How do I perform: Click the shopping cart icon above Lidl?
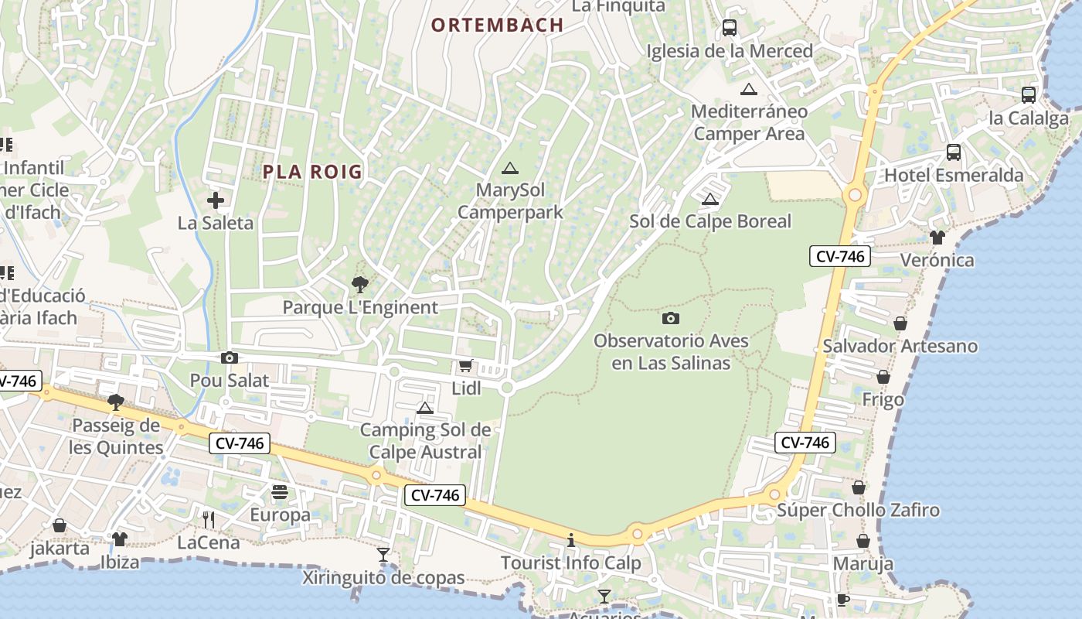tap(465, 365)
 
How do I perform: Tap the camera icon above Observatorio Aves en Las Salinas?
tap(671, 317)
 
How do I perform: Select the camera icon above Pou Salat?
tap(230, 357)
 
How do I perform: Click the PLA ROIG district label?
tap(312, 172)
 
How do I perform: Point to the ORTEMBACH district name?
tap(497, 25)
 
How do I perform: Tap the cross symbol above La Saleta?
tap(216, 201)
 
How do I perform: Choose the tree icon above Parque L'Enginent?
tap(359, 285)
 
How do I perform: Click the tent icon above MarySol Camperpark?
tap(509, 168)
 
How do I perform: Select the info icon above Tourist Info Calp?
tap(571, 540)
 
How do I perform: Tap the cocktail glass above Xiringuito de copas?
tap(383, 554)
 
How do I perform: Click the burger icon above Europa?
tap(280, 492)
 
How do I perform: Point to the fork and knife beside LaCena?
tap(208, 519)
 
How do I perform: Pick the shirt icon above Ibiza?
tap(119, 539)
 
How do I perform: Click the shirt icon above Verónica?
tap(937, 237)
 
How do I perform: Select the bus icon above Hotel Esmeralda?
tap(954, 152)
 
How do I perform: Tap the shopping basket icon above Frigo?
tap(883, 377)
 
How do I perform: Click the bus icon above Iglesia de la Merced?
tap(730, 29)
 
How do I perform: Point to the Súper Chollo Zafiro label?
tap(858, 510)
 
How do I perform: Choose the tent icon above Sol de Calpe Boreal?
tap(710, 199)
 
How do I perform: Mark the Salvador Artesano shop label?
tap(900, 346)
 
